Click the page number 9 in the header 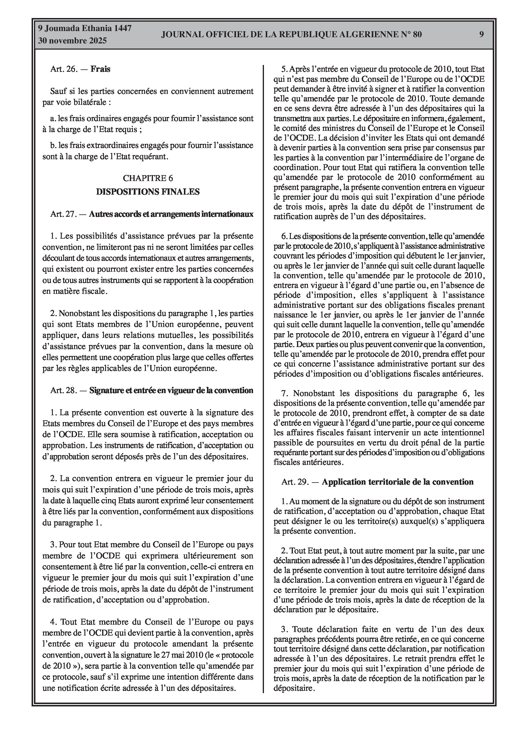tap(482, 34)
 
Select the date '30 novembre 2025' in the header tap(72, 41)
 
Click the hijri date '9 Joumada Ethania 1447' tap(85, 28)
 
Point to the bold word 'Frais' tap(100, 69)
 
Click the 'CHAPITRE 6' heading tap(148, 178)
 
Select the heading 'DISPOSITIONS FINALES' tap(148, 192)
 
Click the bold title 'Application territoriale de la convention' tap(397, 482)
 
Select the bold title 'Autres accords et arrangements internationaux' tap(171, 214)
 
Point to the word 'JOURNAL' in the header tap(180, 35)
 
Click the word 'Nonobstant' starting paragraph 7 tap(311, 393)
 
